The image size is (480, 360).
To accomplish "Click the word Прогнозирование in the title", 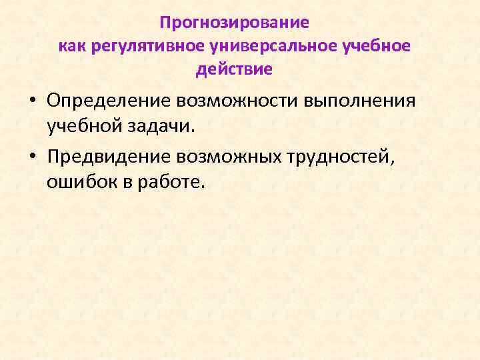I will click(235, 23).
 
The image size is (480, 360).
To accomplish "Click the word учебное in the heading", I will click(377, 46).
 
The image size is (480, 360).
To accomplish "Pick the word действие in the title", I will click(235, 69).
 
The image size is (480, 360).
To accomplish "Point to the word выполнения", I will click(360, 101).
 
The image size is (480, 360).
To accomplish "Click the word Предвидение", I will click(109, 156).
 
